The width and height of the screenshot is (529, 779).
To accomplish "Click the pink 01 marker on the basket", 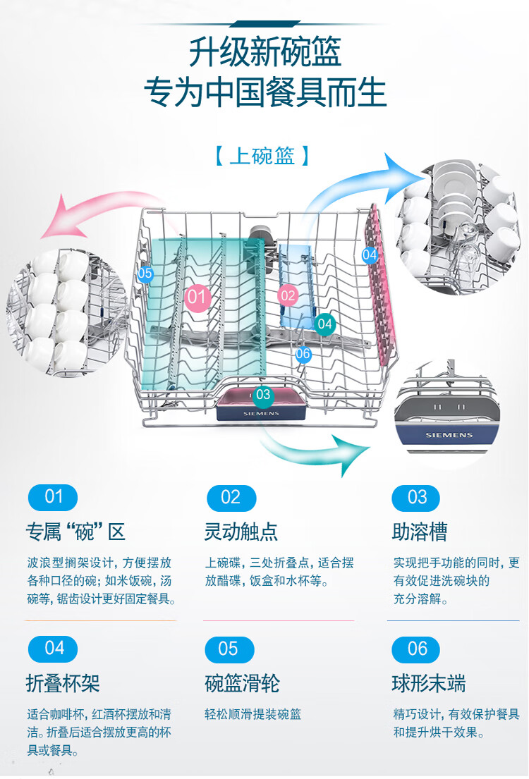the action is click(x=197, y=297).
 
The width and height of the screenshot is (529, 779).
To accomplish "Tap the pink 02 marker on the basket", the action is click(x=288, y=296).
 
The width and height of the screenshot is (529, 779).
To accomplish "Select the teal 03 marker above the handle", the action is click(x=262, y=395).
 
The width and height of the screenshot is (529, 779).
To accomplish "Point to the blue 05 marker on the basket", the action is click(x=145, y=274).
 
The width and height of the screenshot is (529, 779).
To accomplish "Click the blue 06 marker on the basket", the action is click(x=303, y=354).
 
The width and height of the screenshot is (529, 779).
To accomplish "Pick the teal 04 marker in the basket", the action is click(x=324, y=324).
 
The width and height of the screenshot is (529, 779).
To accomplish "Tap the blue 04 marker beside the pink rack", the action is click(x=370, y=255).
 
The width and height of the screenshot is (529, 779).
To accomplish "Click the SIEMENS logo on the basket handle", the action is click(x=261, y=413).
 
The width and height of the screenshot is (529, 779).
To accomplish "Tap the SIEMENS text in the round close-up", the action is click(x=449, y=435).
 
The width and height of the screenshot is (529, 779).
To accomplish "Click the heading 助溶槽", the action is click(x=420, y=532).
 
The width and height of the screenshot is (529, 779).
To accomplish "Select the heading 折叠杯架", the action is click(x=63, y=683).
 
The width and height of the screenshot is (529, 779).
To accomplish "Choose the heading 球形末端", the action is click(x=429, y=683).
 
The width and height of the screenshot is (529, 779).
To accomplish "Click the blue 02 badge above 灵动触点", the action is click(x=231, y=498).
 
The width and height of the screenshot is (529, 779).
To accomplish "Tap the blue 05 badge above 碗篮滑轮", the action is click(x=229, y=649).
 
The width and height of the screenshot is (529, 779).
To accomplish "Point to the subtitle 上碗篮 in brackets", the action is click(x=262, y=156).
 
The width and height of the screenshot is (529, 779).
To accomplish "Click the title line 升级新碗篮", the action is click(x=264, y=51).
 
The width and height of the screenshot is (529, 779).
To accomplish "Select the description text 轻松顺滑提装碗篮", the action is click(x=253, y=714).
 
